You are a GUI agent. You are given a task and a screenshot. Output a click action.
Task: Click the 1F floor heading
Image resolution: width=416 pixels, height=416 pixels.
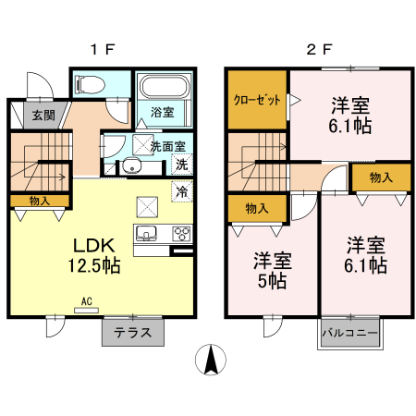pos(102,51)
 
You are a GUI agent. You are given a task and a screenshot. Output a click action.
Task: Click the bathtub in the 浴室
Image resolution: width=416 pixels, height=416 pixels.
pos(165,91)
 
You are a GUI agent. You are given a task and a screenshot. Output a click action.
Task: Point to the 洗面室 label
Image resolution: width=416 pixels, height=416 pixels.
pos(167,145)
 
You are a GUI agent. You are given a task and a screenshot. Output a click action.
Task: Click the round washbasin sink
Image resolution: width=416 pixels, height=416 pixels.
pos(130,167)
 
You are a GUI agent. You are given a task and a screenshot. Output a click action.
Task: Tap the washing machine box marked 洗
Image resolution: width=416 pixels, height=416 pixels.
pos(182,165)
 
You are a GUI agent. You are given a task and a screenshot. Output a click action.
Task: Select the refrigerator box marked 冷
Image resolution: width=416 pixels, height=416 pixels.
pos(182,192)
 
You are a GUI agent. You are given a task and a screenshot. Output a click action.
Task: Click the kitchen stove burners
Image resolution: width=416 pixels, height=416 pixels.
pos(181,232)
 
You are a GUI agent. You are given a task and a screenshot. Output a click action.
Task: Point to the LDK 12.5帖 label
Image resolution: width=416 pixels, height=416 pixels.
pos(93,255)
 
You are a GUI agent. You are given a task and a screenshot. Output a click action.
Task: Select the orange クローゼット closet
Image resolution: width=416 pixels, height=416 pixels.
pos(257,100)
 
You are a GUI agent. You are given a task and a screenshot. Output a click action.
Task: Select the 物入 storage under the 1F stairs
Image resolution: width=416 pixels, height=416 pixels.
pos(40,201)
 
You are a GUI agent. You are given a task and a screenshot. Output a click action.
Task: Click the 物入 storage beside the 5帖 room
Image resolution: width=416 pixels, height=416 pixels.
pos(257,209)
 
